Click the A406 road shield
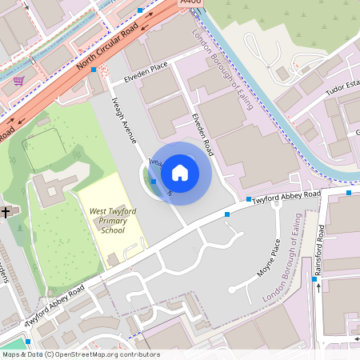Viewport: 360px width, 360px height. coord(190,3)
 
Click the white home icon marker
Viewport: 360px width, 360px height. coord(180,172)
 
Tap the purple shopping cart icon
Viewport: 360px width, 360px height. coord(18,80)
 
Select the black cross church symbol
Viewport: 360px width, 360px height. coord(6,213)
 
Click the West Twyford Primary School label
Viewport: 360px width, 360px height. coord(113,221)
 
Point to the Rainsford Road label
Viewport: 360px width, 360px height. coord(320,251)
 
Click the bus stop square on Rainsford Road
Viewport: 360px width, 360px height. coord(314,279)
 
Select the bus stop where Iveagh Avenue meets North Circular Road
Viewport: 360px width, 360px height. coord(94,70)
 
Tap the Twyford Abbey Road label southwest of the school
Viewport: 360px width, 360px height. coord(54,307)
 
